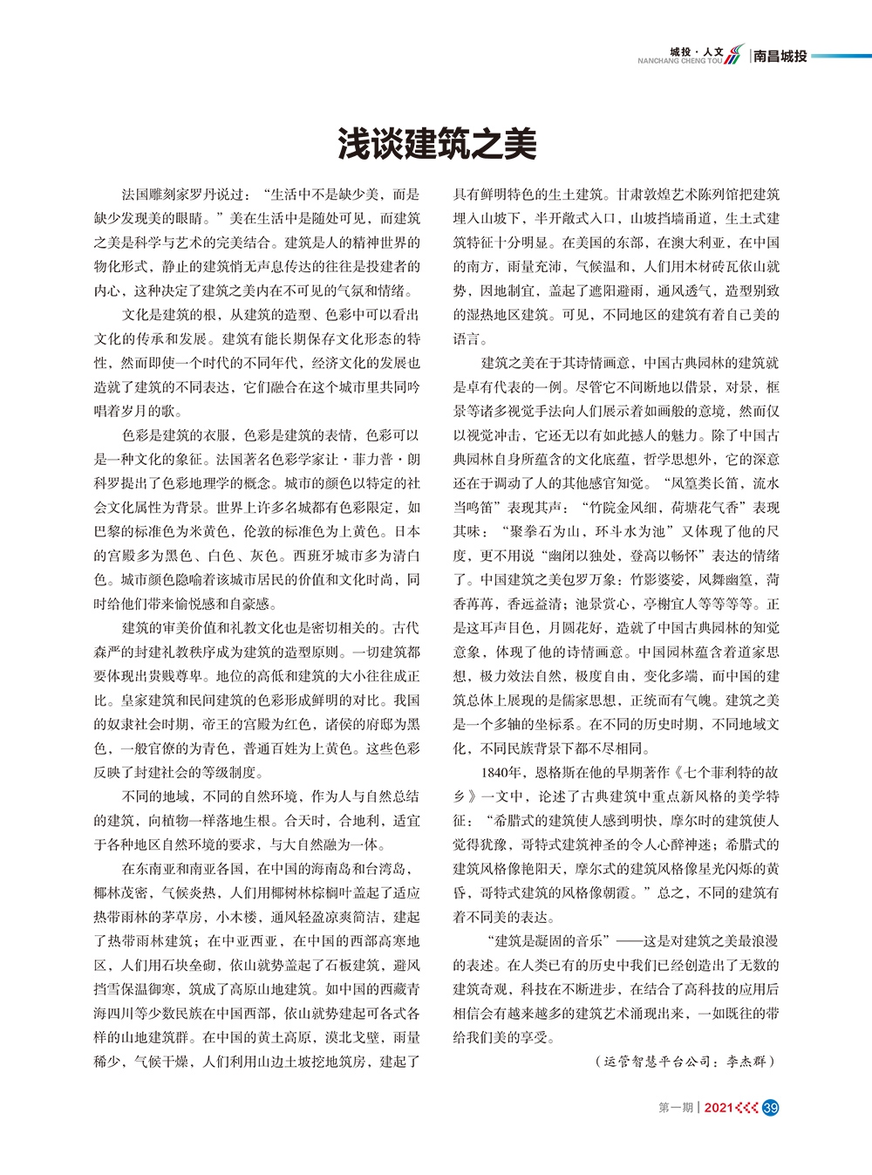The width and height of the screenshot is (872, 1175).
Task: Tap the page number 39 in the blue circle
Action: [x=769, y=1108]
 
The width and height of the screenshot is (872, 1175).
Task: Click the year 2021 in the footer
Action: [x=718, y=1108]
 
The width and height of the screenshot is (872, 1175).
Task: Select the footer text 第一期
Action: [x=675, y=1108]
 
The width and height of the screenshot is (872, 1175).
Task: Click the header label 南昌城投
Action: [x=780, y=57]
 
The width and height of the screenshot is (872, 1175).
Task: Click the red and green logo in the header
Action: [x=735, y=54]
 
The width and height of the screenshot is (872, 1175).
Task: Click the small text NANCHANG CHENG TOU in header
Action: [x=680, y=62]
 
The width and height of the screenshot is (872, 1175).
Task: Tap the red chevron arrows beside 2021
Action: [x=746, y=1108]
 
